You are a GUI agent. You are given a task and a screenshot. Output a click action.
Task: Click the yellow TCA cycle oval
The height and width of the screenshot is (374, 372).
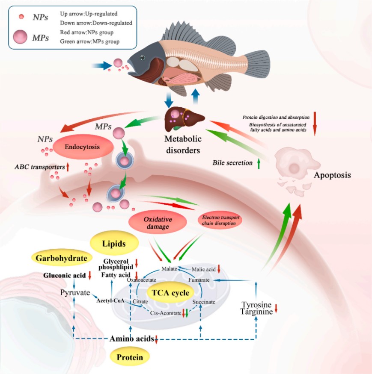170,294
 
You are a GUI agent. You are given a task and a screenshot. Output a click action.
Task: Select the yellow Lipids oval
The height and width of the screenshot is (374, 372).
113,243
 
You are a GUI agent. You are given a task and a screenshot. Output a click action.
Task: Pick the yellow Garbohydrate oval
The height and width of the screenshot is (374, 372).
62,258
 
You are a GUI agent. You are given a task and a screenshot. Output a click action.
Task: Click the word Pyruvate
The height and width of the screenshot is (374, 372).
75,293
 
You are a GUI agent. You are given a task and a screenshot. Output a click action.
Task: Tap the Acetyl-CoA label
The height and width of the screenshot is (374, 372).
110,300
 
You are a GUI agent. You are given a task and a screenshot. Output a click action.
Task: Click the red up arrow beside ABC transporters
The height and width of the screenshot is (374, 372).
67,167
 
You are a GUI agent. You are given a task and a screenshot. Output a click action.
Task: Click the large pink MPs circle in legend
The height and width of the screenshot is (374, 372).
21,38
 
